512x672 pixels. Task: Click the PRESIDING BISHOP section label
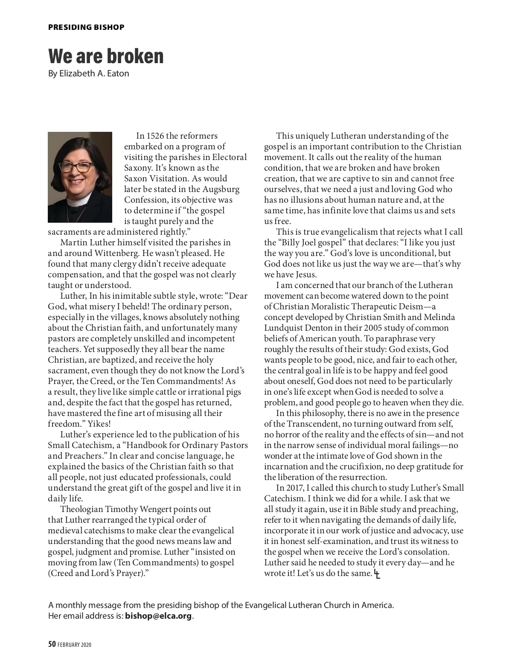pos(86,27)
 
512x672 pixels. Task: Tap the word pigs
pos(233,392)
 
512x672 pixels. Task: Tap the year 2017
pos(294,488)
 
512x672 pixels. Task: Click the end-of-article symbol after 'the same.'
pos(377,574)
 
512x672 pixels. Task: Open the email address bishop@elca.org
pos(158,616)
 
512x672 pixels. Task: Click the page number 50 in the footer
pos(52,644)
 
